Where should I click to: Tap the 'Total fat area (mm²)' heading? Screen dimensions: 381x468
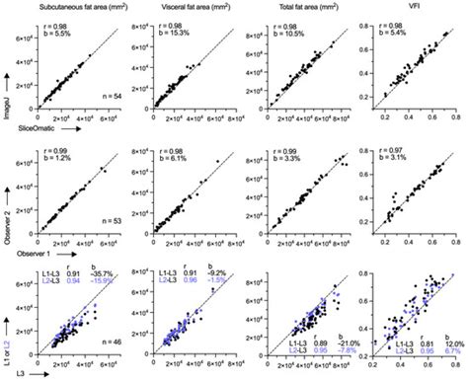[x=300, y=9]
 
